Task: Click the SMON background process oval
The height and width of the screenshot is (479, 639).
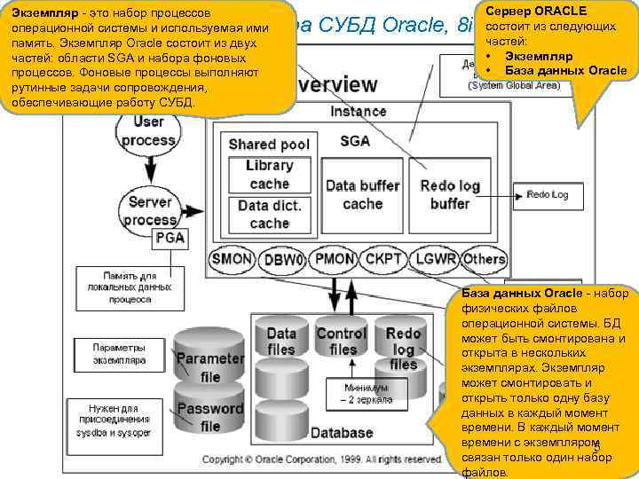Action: point(233,260)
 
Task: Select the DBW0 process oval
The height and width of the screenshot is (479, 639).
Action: point(284,260)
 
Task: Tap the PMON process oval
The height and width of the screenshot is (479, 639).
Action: point(335,260)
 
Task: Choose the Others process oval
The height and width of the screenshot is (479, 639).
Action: point(485,260)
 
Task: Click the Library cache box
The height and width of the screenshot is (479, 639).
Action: point(270,175)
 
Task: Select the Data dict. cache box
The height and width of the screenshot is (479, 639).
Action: point(270,214)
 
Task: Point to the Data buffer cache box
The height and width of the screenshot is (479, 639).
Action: point(362,194)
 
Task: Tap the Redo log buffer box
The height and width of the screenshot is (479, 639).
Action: point(450,194)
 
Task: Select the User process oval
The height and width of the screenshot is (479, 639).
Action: point(148,131)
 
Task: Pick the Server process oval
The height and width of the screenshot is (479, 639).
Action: point(148,210)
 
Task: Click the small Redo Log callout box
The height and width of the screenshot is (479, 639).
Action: point(552,194)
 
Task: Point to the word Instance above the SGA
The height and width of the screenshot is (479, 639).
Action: point(359,112)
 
